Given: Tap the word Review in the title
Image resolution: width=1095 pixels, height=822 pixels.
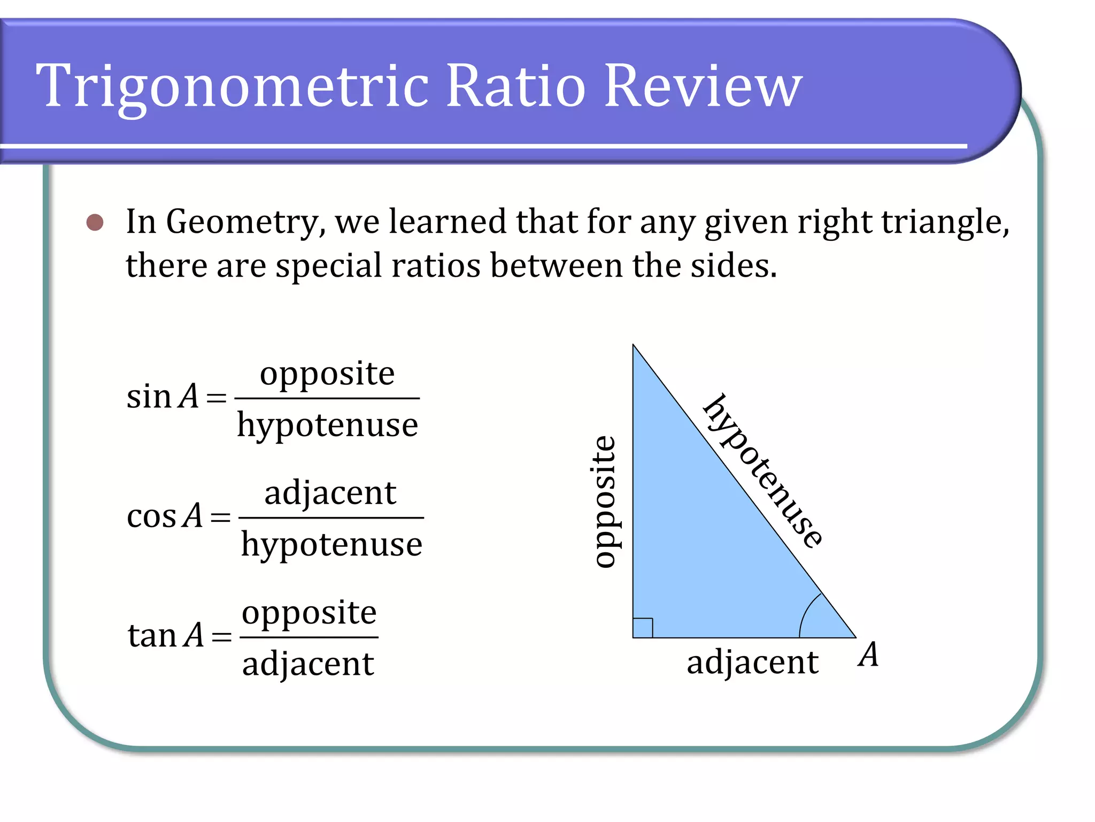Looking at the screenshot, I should (x=703, y=86).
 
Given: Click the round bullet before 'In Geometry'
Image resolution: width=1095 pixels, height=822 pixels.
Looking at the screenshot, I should (x=95, y=223).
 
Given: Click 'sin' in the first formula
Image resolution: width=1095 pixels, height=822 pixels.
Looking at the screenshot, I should (x=148, y=397).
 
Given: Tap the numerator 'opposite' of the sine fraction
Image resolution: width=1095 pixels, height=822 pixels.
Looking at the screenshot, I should (x=327, y=374).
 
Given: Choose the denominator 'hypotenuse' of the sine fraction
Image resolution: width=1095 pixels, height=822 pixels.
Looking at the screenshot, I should (x=327, y=426).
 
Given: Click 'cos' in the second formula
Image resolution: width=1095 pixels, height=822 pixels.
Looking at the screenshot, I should (x=151, y=517).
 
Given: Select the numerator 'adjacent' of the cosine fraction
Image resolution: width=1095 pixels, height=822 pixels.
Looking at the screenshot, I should (x=330, y=493).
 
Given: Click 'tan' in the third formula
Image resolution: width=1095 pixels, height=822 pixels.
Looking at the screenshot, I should (x=152, y=636).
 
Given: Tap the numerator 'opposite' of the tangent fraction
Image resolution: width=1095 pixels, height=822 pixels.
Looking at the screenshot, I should (x=309, y=613).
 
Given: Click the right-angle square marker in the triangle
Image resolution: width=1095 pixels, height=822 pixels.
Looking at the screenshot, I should (x=643, y=628).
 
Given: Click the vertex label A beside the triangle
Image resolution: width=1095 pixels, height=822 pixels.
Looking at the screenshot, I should (x=868, y=654).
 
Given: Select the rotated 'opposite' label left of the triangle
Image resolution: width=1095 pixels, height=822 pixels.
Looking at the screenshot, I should (x=605, y=501).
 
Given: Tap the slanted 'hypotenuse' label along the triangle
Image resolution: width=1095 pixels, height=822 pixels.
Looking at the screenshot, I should (x=763, y=471).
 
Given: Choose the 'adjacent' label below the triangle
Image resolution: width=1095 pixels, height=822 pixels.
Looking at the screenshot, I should (x=752, y=663).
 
